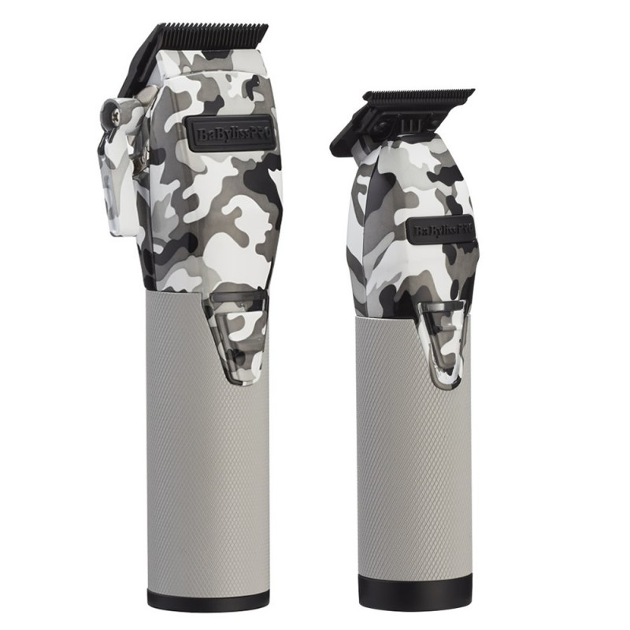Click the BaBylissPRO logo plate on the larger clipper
(x=229, y=134)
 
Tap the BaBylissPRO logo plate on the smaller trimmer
(x=441, y=231)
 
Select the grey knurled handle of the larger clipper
(x=208, y=450)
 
